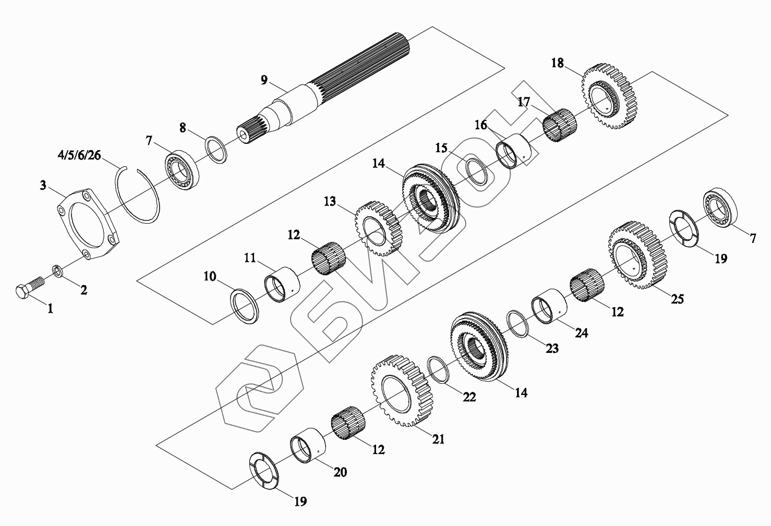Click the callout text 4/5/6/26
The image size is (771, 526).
tap(79, 155)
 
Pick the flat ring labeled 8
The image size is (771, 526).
tap(216, 150)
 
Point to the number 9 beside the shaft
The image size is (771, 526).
tap(264, 80)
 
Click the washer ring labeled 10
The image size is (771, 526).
tap(244, 307)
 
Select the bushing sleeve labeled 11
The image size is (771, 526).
tap(282, 285)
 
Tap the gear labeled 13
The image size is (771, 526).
tap(378, 228)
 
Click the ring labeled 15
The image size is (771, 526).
tap(477, 172)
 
